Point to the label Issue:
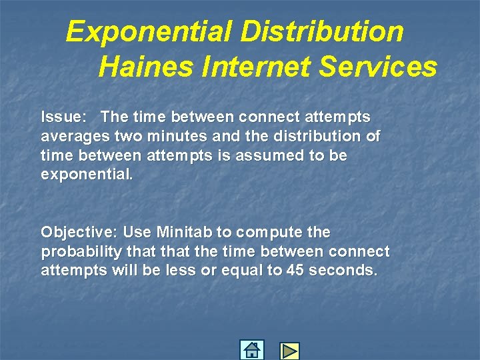point(63,117)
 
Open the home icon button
point(251,350)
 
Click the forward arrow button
point(289,351)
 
